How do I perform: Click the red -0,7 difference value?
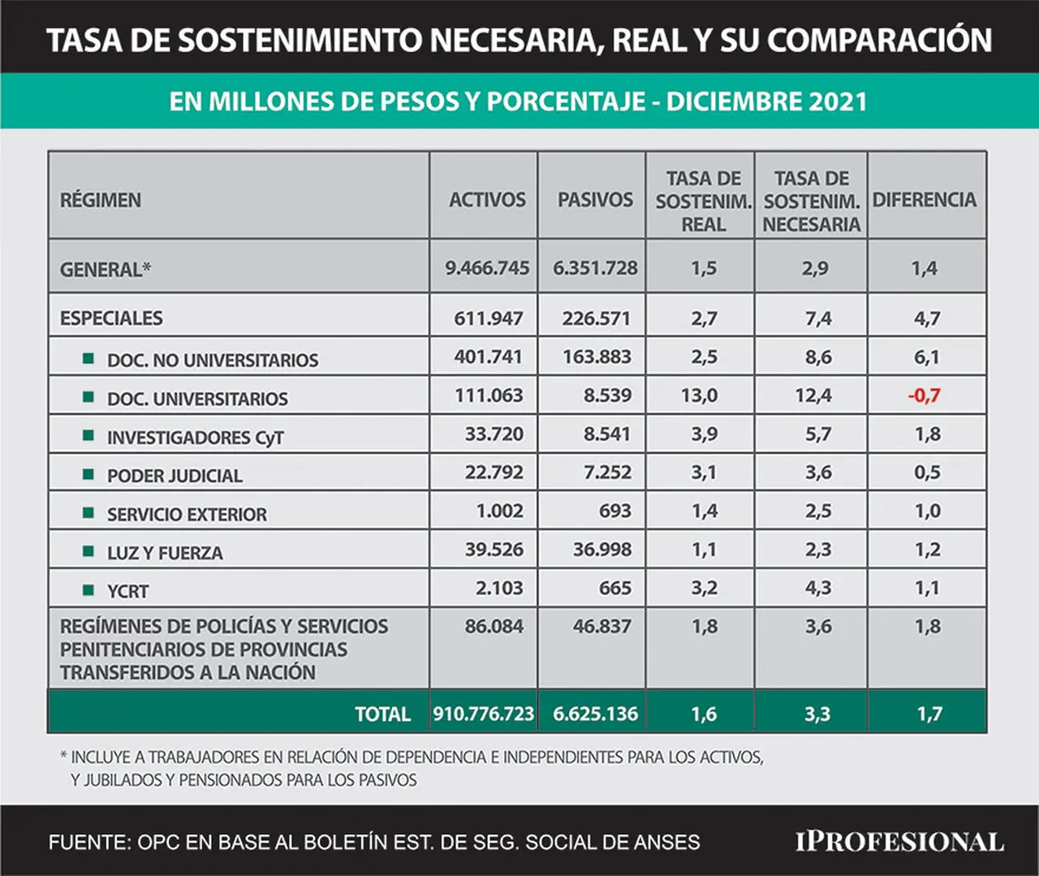point(924,395)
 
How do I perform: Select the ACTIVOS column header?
point(487,200)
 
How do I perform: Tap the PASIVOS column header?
point(595,200)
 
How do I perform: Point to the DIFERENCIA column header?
point(924,200)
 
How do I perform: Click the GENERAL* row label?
point(105,270)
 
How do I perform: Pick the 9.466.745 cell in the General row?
point(487,268)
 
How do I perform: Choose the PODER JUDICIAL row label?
point(175,476)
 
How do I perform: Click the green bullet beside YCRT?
point(88,590)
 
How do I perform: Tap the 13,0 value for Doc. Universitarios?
point(700,395)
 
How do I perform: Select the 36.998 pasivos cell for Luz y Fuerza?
point(602,550)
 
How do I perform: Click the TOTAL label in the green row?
point(382,714)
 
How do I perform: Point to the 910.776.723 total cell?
point(483,714)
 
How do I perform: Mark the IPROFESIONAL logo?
point(899,842)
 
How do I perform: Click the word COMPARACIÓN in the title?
point(879,40)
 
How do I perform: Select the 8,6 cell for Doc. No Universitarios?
point(818,357)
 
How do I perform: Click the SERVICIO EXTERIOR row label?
point(187,515)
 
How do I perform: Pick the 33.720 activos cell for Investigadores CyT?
point(494,434)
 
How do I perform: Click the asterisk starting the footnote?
point(63,756)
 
